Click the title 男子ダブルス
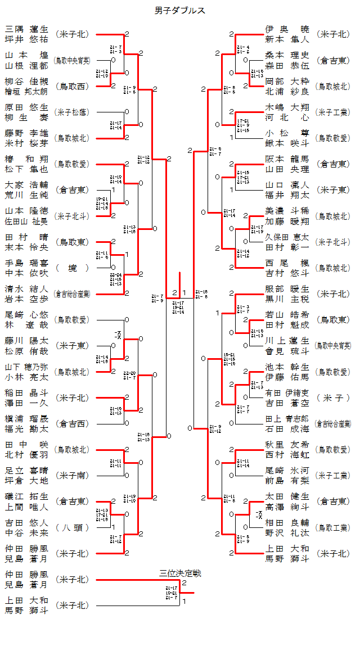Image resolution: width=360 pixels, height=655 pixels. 180,11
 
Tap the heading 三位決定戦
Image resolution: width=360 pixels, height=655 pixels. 180,573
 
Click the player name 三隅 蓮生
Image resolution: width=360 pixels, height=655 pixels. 26,29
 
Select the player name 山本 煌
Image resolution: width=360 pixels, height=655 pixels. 26,55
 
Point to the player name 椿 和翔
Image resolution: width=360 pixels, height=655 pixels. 26,159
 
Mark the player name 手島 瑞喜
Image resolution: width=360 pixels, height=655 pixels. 26,263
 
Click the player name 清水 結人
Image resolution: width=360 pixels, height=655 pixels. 26,289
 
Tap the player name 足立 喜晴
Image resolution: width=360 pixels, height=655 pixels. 26,471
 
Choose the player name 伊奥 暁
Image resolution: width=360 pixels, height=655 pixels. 287,29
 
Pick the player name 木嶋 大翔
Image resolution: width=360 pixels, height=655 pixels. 287,107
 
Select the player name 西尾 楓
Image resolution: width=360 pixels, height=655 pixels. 287,263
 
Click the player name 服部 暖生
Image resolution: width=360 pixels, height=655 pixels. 287,289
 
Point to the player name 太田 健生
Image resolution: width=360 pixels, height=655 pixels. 287,496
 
